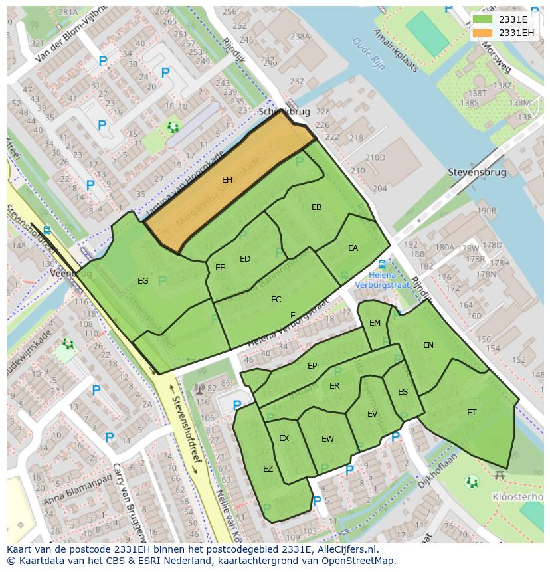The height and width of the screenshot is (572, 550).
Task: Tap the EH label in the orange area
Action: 227,180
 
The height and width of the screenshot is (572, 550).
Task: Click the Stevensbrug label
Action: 477,173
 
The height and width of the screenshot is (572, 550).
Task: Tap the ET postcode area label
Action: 472,413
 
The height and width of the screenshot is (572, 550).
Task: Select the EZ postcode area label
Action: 268,469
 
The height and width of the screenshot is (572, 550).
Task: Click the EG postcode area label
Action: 143,281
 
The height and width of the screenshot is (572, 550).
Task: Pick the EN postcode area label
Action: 428,345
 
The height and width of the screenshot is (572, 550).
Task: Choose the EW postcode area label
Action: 327,439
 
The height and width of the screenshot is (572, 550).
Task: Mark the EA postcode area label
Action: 353,248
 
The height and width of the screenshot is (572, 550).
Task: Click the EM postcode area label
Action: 375,323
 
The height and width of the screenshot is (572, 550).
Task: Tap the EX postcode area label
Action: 284,438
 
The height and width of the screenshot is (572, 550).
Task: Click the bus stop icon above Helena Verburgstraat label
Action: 382,263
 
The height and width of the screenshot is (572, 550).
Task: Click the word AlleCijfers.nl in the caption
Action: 345,549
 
